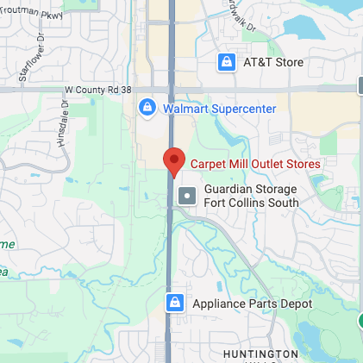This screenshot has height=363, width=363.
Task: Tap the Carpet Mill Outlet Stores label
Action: tap(254, 163)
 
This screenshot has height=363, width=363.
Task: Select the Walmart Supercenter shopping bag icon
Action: tap(147, 108)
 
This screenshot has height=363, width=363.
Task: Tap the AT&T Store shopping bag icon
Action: tap(226, 62)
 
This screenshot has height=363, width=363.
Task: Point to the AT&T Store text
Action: tap(273, 62)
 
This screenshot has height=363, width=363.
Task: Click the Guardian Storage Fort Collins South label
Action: tap(251, 196)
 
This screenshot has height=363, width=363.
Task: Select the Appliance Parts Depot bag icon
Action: tap(175, 303)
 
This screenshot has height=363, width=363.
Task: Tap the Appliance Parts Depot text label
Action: tap(252, 304)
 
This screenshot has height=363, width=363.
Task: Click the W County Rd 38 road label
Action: tap(98, 89)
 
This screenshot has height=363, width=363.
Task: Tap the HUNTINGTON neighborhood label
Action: tap(260, 354)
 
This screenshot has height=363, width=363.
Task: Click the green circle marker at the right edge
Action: tap(360, 322)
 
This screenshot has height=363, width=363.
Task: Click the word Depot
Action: tap(294, 304)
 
